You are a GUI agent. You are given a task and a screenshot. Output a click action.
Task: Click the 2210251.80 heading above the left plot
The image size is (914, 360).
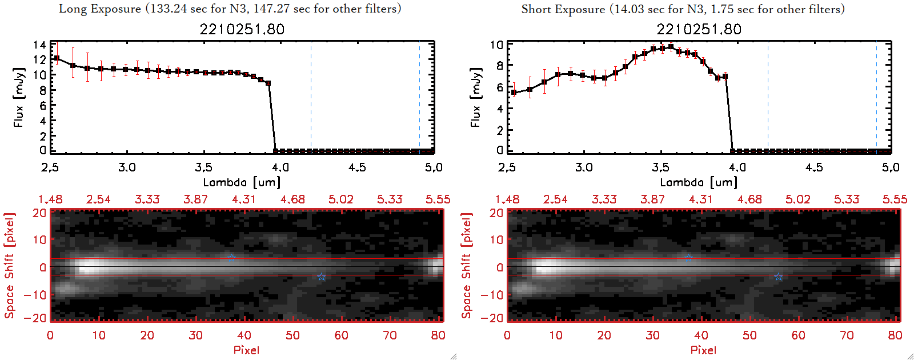[x=242, y=29]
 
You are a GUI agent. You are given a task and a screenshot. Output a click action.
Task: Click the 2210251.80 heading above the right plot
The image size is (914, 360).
[x=699, y=29]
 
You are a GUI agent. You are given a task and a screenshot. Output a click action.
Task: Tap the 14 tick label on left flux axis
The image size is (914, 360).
[x=39, y=45]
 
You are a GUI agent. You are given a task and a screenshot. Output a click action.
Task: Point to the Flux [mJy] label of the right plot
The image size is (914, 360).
[x=475, y=97]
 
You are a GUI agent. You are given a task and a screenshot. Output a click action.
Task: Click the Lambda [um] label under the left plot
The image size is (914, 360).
[x=242, y=182]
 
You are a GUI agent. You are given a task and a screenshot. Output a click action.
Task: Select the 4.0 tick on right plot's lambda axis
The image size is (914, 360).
[x=737, y=167]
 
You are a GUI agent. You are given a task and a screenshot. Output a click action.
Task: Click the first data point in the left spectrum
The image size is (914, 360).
[x=57, y=58]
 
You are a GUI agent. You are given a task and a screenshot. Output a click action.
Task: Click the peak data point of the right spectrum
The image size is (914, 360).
[x=671, y=47]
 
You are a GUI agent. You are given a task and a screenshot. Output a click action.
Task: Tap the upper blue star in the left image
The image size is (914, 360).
[x=231, y=258]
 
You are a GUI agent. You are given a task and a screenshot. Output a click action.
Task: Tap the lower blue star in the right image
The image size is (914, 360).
[x=778, y=277]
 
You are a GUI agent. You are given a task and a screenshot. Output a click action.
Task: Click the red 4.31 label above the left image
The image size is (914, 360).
[x=244, y=199]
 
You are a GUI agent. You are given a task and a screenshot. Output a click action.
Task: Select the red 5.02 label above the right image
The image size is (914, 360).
[x=797, y=199]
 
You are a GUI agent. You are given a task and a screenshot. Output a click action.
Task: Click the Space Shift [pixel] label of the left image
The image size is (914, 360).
[x=9, y=266]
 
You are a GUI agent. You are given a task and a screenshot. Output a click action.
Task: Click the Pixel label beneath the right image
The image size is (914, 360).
[x=703, y=350]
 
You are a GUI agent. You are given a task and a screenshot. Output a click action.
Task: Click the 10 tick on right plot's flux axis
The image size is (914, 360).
[x=496, y=45]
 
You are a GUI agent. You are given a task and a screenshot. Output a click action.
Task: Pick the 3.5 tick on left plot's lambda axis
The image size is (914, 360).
[x=203, y=167]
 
